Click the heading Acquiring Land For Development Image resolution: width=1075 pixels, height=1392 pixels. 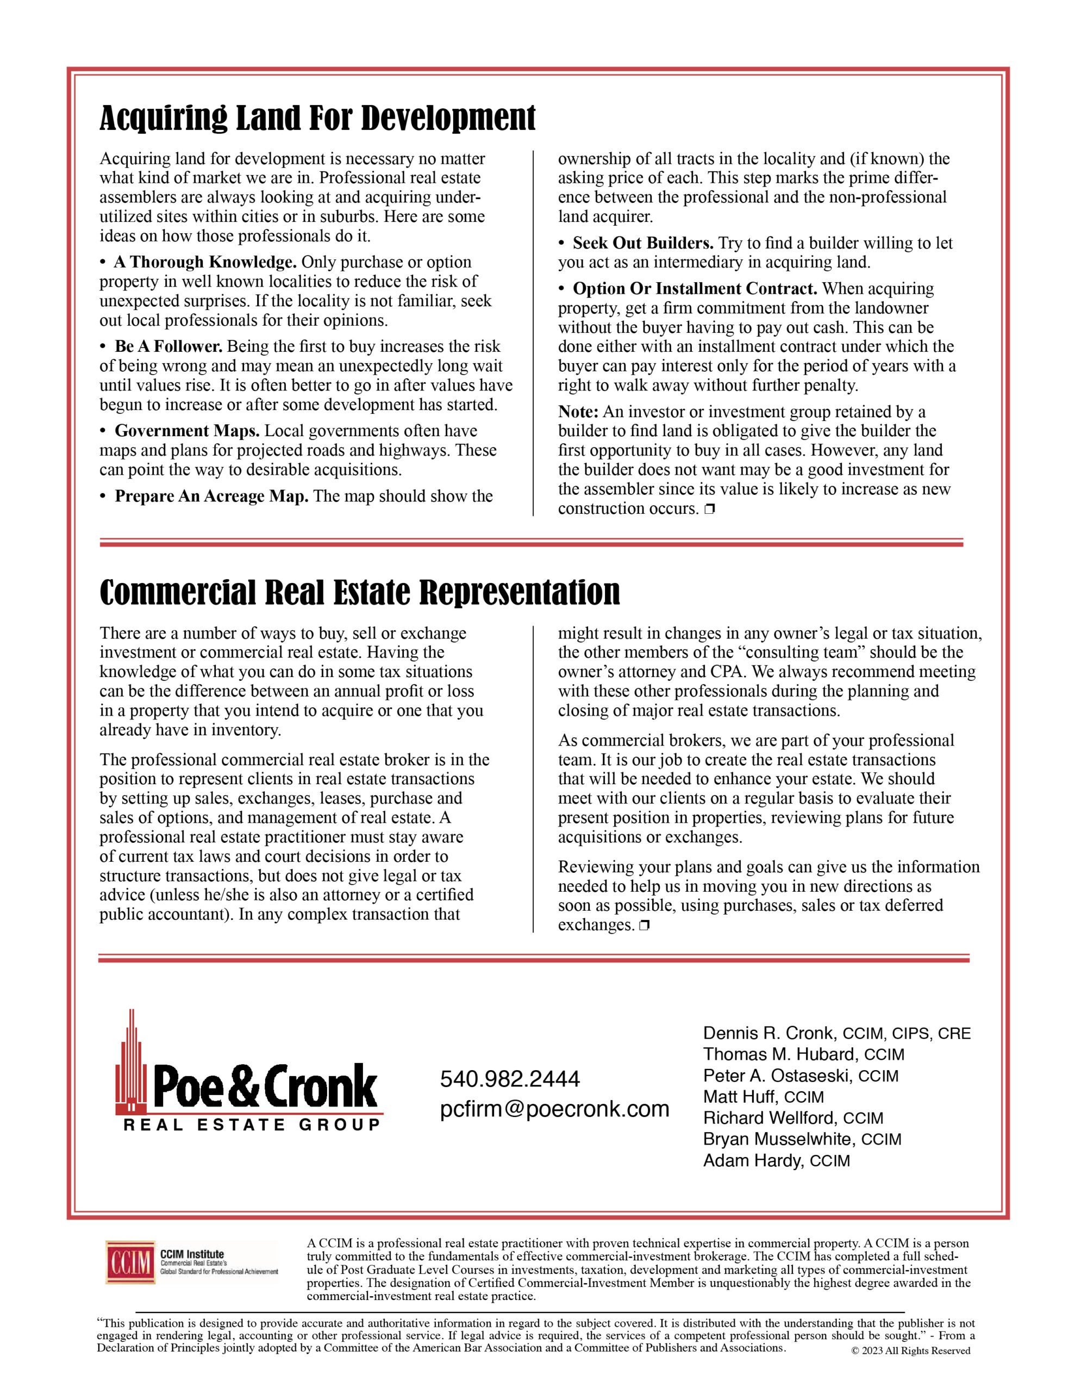[x=317, y=118]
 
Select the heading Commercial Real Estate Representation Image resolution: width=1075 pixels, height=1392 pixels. [x=359, y=592]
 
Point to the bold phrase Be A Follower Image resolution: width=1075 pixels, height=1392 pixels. [x=168, y=347]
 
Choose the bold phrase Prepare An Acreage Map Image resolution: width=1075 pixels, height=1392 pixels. [x=211, y=496]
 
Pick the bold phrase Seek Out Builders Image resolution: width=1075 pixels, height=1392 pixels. [x=642, y=244]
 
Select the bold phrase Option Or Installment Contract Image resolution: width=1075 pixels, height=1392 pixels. [x=695, y=289]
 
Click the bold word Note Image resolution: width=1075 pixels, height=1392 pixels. [x=577, y=412]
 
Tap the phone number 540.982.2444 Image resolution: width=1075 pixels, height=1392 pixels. [x=510, y=1079]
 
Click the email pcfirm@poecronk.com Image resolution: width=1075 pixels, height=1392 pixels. [x=554, y=1109]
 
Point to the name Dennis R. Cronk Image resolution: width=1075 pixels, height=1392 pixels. [x=768, y=1033]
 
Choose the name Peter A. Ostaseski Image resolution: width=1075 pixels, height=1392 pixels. [x=777, y=1076]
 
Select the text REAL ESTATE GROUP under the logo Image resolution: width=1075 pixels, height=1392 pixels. [x=252, y=1125]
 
